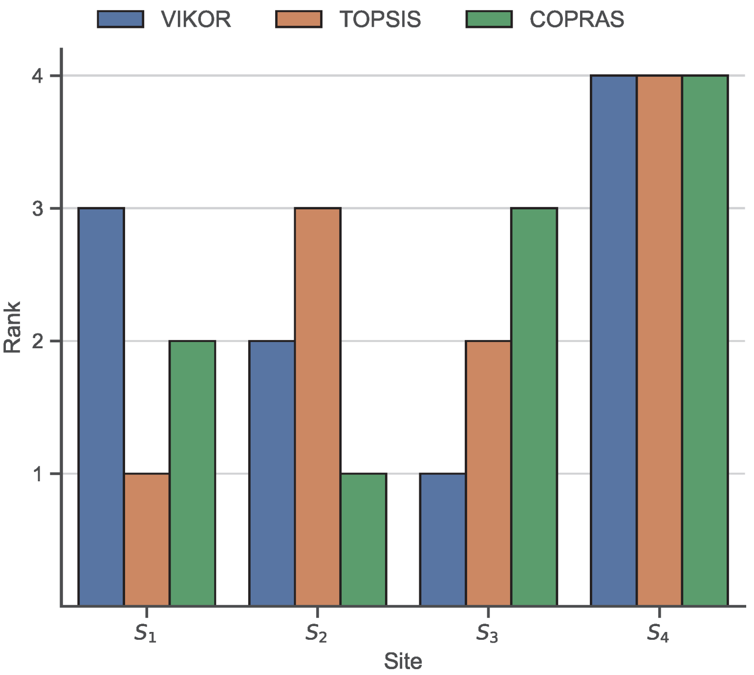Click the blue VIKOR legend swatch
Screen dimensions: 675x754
120,20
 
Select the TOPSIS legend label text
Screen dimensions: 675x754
380,20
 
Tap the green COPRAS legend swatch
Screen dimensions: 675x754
489,20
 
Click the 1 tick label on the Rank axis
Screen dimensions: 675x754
39,473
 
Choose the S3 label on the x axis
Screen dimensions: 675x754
487,633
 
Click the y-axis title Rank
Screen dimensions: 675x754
12,327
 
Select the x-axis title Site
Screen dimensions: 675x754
403,661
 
